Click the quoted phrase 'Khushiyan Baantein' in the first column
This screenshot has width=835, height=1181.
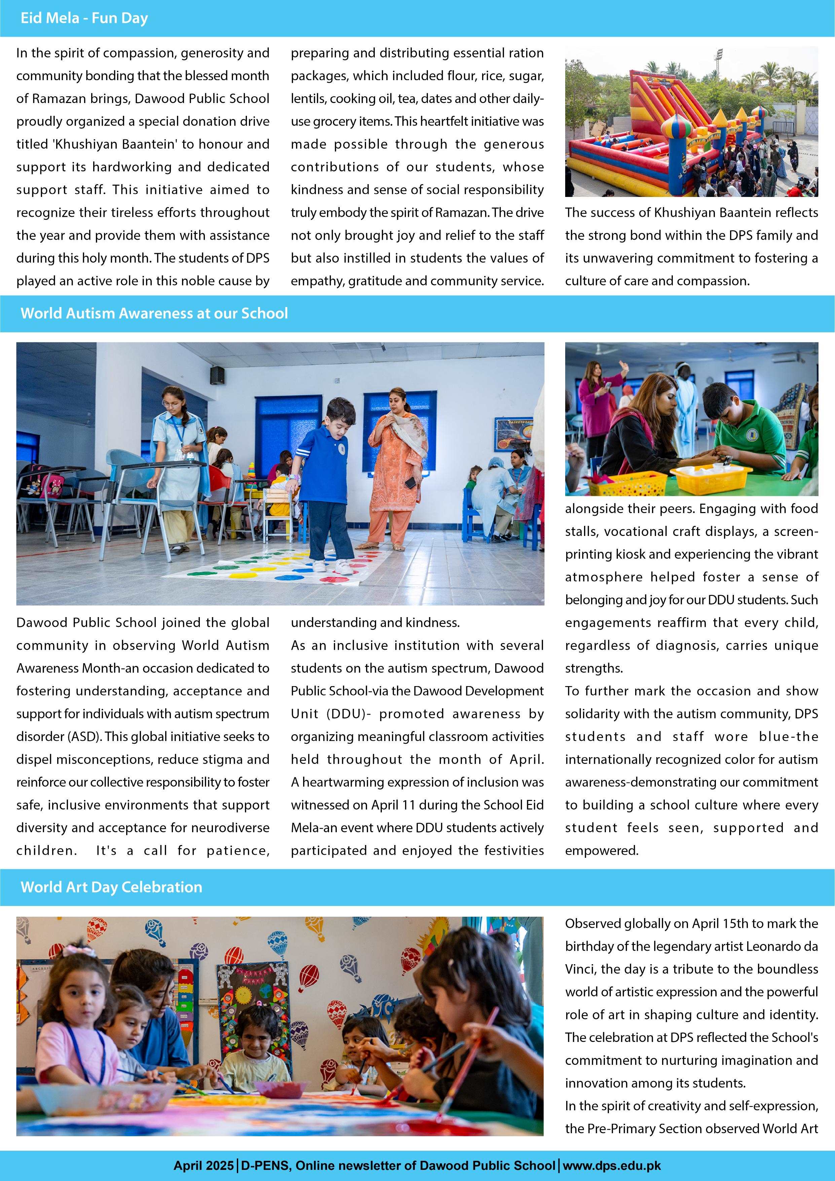click(115, 144)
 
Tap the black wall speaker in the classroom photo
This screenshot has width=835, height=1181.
click(217, 375)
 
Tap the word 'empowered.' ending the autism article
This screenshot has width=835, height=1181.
click(602, 850)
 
